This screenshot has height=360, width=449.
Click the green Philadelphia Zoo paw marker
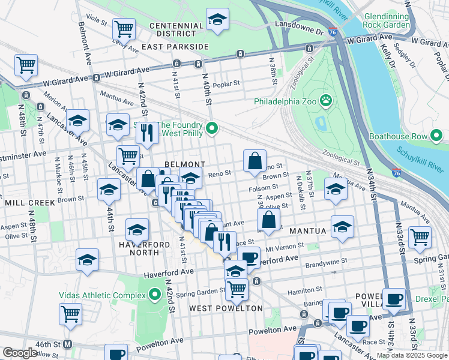(x=326, y=100)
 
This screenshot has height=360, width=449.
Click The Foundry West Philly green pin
(x=211, y=128)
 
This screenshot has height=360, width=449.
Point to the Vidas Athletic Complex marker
(x=155, y=295)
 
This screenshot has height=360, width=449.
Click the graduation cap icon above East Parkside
(x=217, y=19)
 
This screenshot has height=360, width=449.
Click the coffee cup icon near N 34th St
(x=394, y=299)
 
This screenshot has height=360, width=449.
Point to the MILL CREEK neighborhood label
(x=30, y=203)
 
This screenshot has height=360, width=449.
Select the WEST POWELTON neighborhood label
(x=226, y=308)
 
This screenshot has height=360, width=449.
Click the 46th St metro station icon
(x=67, y=344)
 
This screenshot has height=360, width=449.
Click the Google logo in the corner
(x=20, y=353)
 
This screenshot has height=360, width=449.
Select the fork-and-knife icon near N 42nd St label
(x=147, y=133)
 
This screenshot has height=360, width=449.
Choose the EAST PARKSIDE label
(x=175, y=46)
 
